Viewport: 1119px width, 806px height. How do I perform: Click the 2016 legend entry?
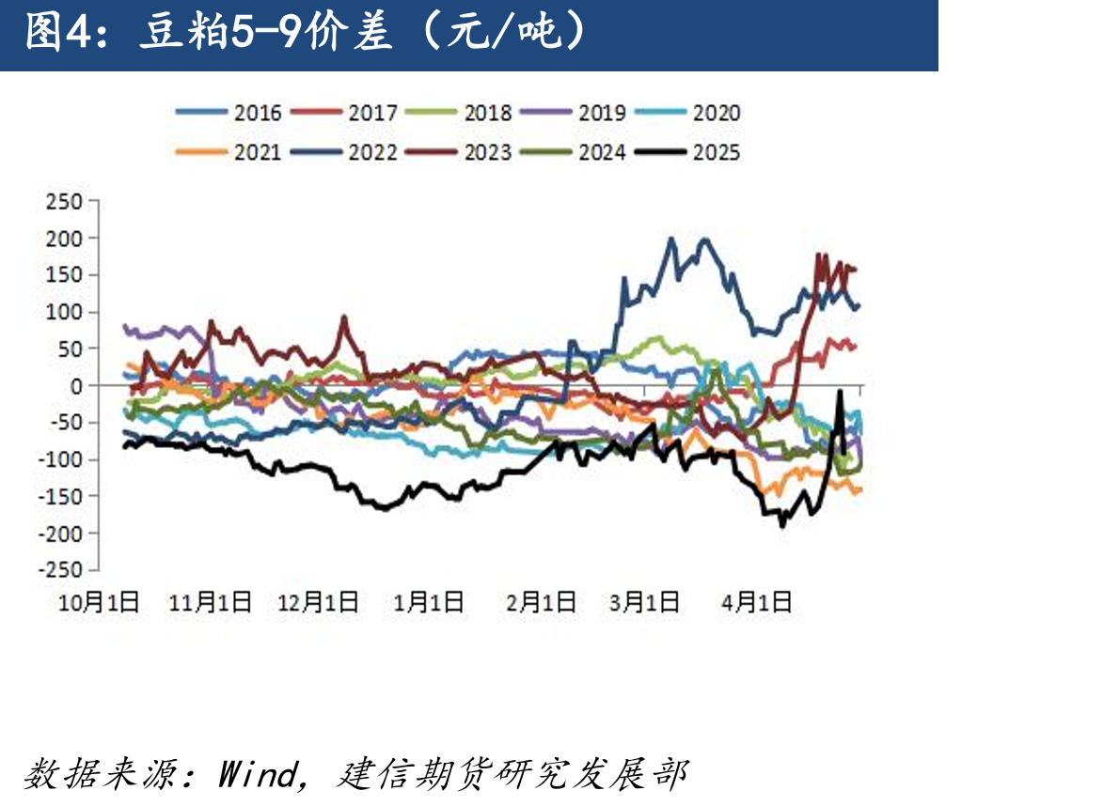tap(229, 113)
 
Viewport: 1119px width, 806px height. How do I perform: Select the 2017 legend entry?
tap(343, 113)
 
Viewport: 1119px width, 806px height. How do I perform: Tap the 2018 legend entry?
tap(458, 113)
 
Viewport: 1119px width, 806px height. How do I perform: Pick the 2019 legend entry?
tap(573, 113)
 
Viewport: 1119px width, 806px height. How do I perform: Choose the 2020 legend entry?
tap(688, 113)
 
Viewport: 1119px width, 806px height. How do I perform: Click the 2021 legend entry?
tap(229, 152)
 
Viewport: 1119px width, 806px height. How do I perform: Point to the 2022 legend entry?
tap(343, 152)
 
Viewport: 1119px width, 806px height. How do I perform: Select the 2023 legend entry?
tap(458, 152)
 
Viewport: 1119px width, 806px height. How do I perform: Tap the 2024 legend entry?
tap(573, 152)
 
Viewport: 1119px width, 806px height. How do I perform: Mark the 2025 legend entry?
tap(688, 152)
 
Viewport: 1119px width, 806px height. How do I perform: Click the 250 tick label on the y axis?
tap(64, 202)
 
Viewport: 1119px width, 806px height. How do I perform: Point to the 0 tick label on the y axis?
tap(76, 386)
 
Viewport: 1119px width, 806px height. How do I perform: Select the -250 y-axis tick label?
tap(60, 570)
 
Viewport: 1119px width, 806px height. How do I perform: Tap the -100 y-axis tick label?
tap(60, 459)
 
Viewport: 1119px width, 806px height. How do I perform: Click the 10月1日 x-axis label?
tap(99, 603)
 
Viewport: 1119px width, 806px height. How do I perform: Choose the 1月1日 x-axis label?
tap(428, 603)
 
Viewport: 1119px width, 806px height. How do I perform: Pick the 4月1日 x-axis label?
tap(756, 603)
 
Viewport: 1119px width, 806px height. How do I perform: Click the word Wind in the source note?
tap(259, 775)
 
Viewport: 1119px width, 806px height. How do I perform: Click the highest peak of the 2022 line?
tap(670, 239)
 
